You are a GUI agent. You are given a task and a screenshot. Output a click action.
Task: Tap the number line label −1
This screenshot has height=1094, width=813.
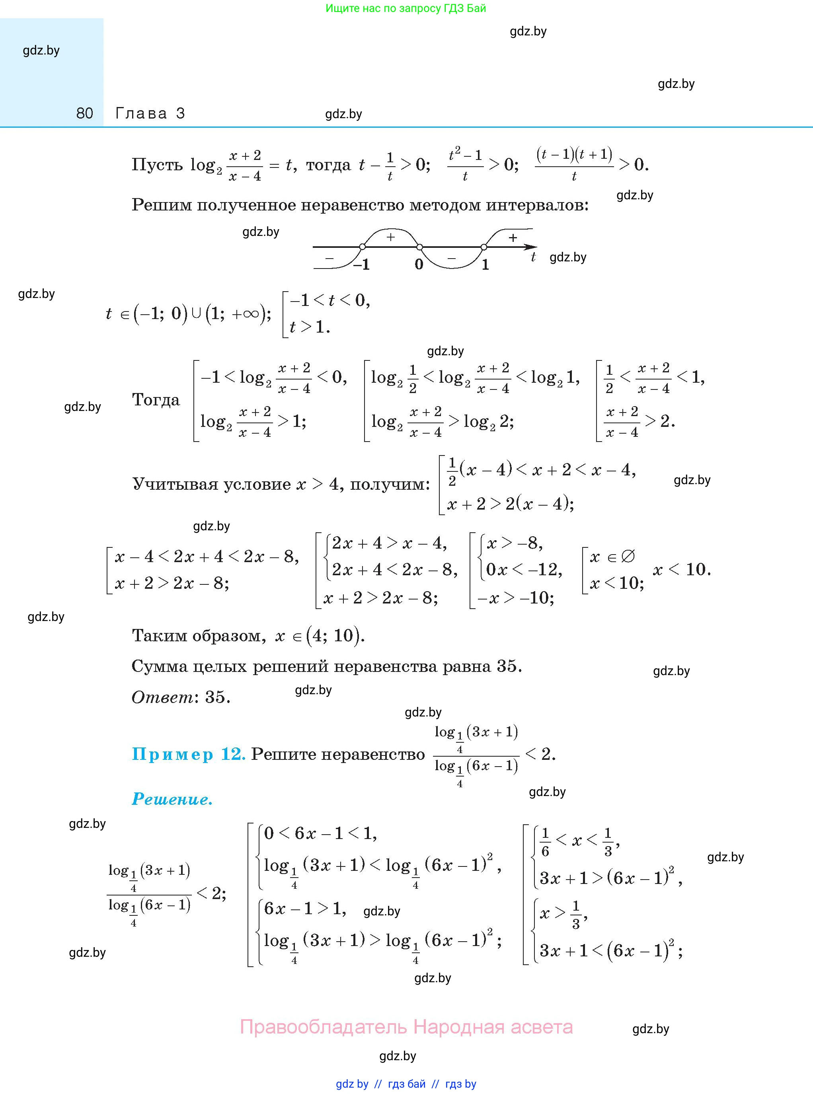pos(361,265)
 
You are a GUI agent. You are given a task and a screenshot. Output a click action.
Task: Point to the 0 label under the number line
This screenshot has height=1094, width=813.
pos(419,265)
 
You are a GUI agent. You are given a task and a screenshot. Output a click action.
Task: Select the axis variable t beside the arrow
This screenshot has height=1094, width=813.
pos(533,257)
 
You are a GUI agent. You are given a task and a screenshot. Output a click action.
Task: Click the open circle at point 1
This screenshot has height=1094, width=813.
pos(484,247)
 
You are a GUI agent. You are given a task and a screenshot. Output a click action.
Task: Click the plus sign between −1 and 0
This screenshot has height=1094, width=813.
pos(391,237)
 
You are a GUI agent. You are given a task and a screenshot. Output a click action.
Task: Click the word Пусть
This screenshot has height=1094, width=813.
pos(157,165)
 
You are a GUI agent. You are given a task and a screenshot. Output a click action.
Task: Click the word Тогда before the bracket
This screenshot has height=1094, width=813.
pos(156,400)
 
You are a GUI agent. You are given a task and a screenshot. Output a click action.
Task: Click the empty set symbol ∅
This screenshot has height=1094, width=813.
pos(628,556)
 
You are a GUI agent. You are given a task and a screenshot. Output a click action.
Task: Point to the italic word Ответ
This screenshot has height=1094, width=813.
pos(163,697)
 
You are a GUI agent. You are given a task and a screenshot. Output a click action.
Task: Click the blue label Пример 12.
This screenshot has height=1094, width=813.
pos(189,754)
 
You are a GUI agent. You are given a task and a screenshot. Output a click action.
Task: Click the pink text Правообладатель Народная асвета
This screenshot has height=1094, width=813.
pos(406,1027)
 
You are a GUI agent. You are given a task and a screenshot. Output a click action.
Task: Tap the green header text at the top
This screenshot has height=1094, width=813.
pos(406,8)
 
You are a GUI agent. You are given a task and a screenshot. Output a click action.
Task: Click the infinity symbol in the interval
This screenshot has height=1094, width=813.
pos(251,314)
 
